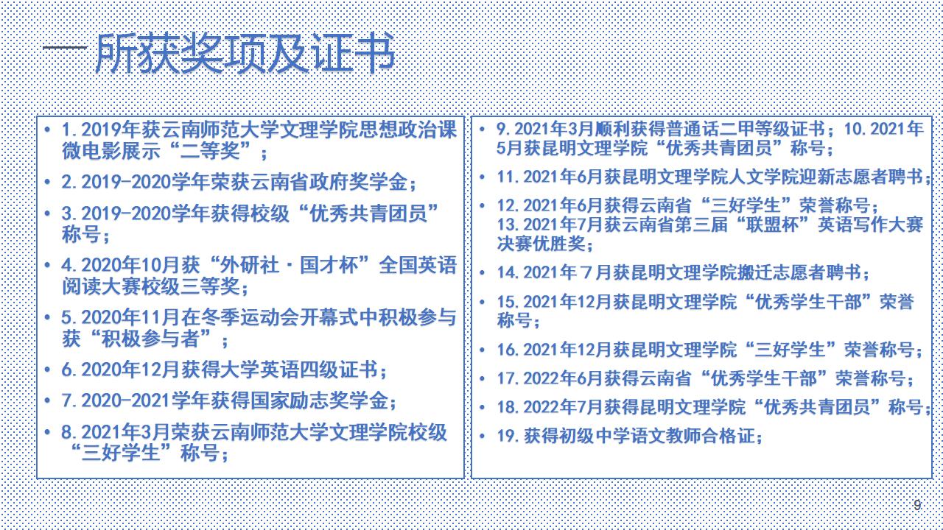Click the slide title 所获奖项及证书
245,54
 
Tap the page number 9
917,505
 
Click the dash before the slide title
65,48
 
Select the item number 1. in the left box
70,130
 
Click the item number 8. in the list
70,433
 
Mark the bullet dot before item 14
483,272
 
